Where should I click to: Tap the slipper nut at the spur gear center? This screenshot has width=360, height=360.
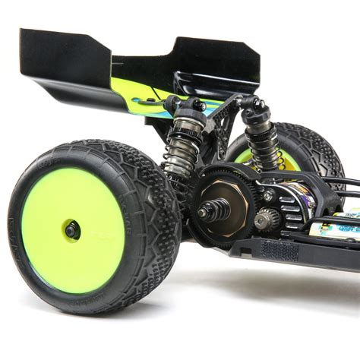(207, 211)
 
